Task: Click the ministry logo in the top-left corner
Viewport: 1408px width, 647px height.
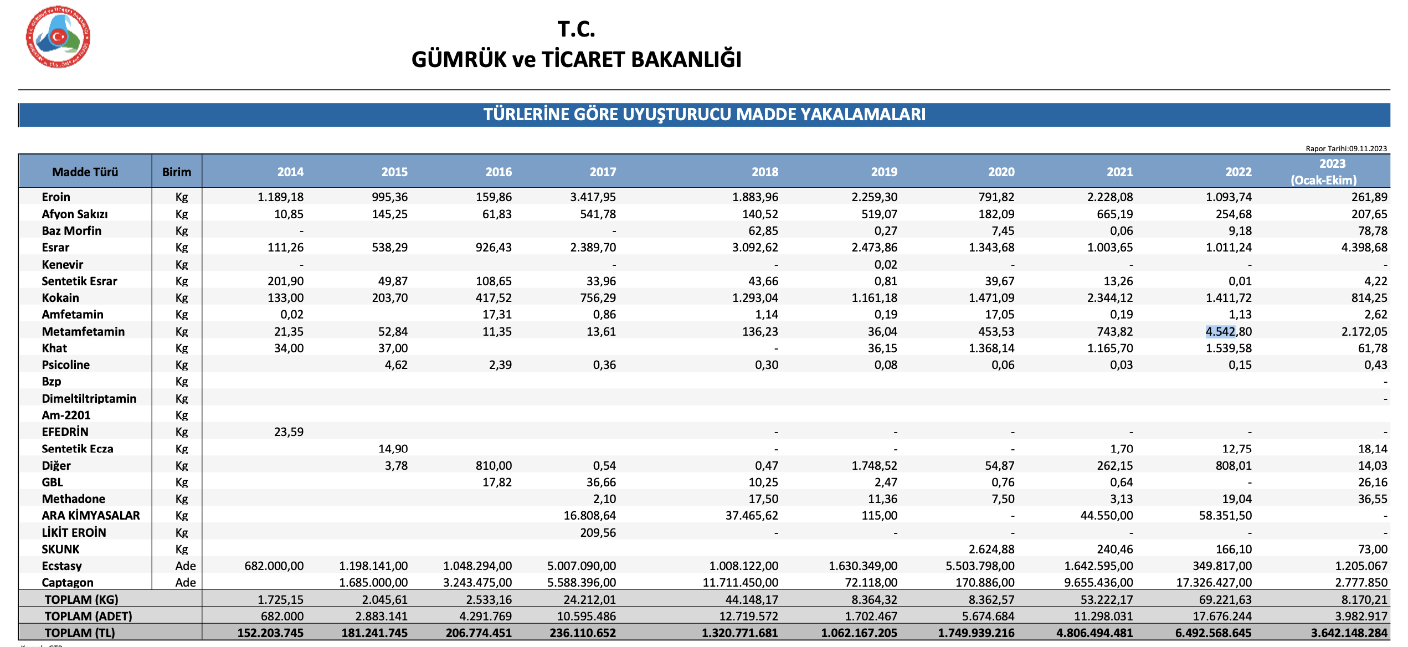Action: click(58, 37)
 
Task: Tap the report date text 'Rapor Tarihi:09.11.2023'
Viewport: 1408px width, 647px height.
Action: click(1346, 148)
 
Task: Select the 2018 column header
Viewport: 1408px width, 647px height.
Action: click(764, 172)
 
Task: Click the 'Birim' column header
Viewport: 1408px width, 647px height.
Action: click(177, 172)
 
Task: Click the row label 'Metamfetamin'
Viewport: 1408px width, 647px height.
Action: click(83, 331)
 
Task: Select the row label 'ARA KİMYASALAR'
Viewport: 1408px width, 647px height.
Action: click(91, 515)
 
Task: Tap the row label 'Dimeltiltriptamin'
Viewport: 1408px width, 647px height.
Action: click(89, 398)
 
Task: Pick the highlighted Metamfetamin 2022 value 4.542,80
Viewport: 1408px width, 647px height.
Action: click(1228, 331)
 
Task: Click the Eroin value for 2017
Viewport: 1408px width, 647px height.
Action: click(593, 197)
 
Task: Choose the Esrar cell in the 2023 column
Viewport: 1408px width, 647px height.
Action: click(1364, 247)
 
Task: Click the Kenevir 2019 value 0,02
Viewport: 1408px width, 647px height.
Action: click(885, 264)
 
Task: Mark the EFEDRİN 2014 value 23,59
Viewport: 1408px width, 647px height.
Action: click(289, 432)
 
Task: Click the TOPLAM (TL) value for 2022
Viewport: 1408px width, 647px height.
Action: click(1213, 633)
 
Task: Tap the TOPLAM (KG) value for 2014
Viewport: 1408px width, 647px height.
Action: click(280, 599)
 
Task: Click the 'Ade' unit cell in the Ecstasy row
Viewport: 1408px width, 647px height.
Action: click(185, 566)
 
